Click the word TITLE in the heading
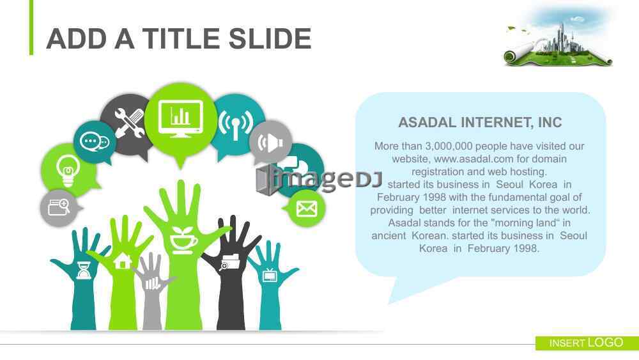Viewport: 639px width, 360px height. [x=181, y=39]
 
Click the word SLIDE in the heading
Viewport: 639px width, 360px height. [x=270, y=39]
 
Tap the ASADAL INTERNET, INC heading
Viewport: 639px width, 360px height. [x=480, y=122]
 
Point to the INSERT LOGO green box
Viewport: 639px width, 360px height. [x=587, y=343]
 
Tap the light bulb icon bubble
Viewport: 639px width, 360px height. [x=68, y=170]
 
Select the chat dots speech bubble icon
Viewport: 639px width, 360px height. [x=95, y=142]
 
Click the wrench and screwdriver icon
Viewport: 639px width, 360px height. [x=129, y=123]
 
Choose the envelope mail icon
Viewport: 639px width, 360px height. [x=307, y=208]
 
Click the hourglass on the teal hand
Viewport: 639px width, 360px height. [x=84, y=270]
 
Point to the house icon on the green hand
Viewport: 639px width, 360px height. [x=123, y=260]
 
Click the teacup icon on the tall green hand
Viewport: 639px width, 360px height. [x=183, y=240]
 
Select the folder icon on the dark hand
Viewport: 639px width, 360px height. [x=229, y=262]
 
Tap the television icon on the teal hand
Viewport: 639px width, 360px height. [x=270, y=276]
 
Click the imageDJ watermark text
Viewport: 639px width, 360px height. [x=319, y=178]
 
